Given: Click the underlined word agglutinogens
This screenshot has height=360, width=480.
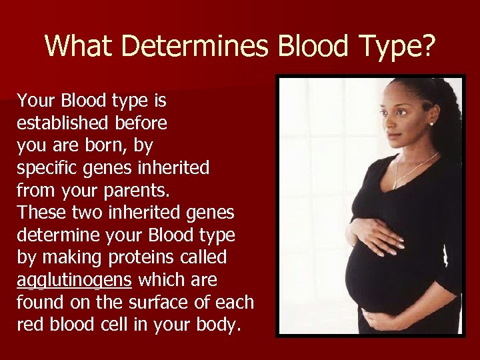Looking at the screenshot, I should (73, 280).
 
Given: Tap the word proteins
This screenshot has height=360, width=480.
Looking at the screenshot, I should (131, 257).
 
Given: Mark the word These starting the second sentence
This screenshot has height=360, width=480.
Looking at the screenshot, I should (40, 213).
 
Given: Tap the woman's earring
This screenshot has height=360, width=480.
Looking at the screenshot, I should (432, 123).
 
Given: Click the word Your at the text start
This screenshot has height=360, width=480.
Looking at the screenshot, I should (37, 101).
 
